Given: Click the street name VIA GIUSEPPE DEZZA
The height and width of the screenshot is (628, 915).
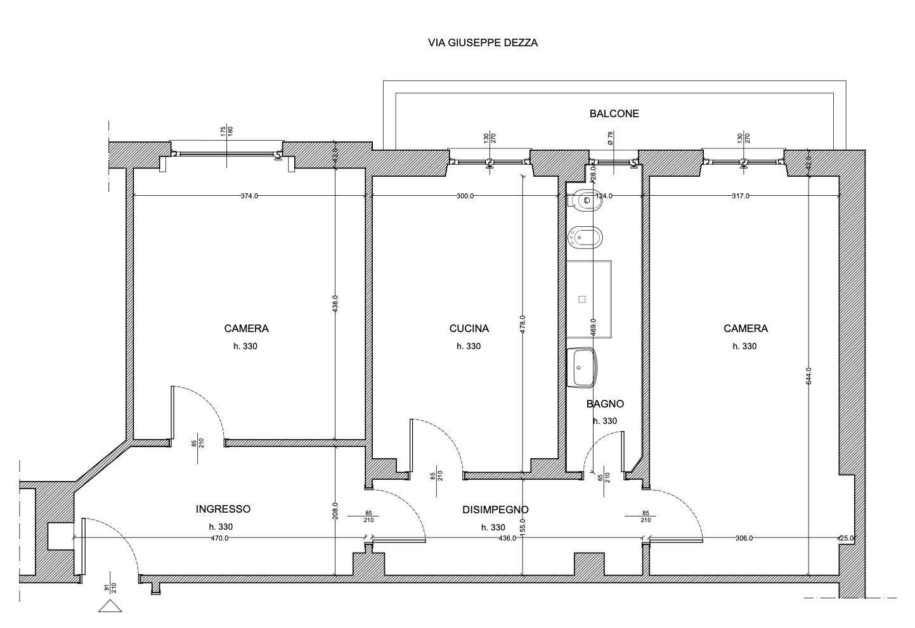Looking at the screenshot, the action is tap(483, 43).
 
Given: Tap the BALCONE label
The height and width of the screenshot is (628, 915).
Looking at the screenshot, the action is tap(614, 113).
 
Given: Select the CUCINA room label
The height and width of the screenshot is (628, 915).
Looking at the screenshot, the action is tap(469, 328).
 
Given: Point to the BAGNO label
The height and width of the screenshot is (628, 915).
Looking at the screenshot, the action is tap(605, 404).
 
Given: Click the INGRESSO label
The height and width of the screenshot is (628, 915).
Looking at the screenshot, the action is tap(223, 509).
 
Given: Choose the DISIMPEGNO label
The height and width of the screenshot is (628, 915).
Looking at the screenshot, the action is tap(495, 509).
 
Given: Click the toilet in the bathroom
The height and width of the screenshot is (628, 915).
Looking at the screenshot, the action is tap(585, 200).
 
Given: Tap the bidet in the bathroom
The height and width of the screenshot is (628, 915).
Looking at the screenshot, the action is tap(585, 238).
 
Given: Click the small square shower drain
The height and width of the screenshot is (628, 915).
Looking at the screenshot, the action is tap(582, 299).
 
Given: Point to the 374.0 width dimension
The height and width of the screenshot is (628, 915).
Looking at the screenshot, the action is tap(249, 196).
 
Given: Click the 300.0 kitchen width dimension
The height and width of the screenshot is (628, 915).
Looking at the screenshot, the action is tap(465, 196).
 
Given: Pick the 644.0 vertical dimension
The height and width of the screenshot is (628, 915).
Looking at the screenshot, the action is tap(808, 376).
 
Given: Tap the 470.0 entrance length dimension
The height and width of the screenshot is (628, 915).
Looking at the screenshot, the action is tap(220, 538).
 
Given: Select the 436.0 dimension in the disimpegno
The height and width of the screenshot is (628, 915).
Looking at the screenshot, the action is tap(507, 538).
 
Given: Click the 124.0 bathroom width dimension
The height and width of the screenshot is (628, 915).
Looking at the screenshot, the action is tap(604, 196).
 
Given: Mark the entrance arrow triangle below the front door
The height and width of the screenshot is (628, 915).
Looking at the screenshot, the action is tap(110, 606).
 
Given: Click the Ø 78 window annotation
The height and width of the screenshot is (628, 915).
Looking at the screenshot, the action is tap(610, 138).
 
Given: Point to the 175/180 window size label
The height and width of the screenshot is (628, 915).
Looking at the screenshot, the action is tap(227, 131).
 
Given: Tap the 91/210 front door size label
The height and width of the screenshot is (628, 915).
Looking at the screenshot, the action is tap(110, 588).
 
